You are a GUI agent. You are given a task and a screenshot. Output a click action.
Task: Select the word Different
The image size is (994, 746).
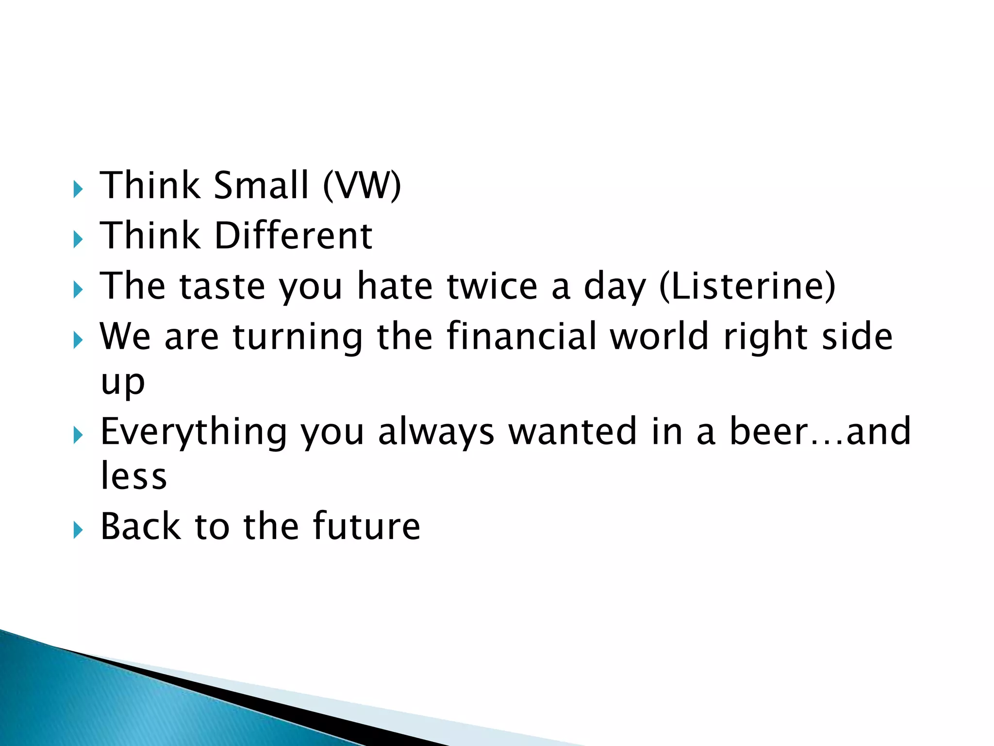[293, 236]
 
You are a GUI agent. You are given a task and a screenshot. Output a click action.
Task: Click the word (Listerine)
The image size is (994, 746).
[747, 286]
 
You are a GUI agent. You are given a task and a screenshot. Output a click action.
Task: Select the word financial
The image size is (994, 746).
[521, 336]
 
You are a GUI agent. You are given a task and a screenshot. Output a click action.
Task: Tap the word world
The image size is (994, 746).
[660, 336]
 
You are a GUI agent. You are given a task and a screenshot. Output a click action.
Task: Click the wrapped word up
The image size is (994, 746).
[123, 383]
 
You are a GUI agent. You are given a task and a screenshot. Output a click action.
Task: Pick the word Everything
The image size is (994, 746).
[194, 432]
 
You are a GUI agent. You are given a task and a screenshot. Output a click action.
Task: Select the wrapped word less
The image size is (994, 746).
[133, 476]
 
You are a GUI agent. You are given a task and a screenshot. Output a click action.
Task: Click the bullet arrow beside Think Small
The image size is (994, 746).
[78, 189]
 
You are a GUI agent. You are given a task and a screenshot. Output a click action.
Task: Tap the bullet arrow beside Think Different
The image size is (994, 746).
[78, 239]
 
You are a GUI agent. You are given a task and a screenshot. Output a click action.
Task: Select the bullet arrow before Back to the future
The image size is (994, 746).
[78, 530]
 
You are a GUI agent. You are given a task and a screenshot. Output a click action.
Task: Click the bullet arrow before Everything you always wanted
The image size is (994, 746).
[78, 436]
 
